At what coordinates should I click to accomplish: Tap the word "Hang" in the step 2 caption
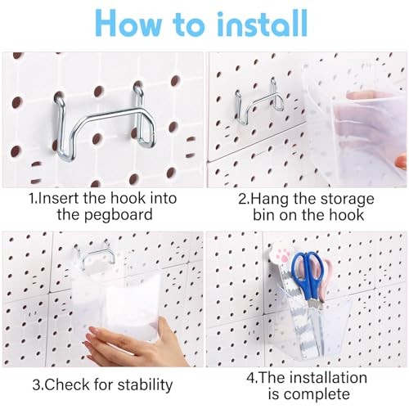click(269, 199)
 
